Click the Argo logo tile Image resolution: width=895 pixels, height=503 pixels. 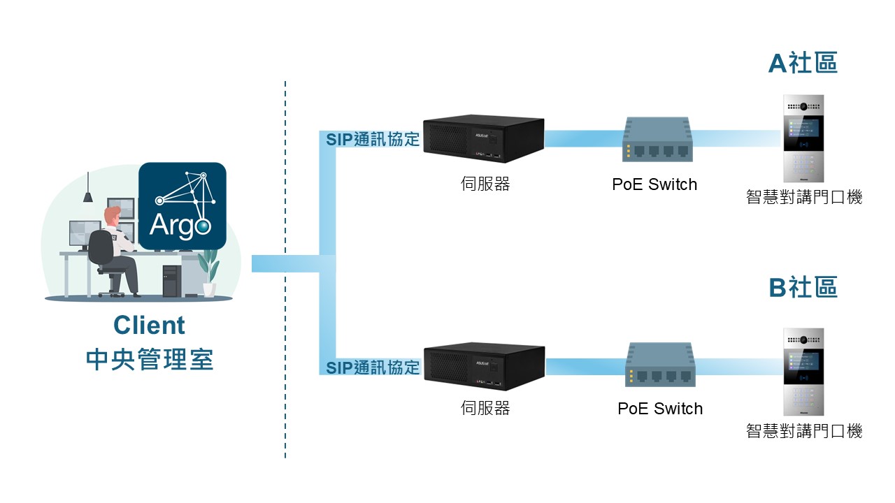tap(182, 206)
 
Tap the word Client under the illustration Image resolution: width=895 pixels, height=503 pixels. tap(149, 326)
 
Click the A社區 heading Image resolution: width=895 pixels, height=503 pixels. tap(803, 63)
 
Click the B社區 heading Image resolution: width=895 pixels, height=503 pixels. tap(803, 287)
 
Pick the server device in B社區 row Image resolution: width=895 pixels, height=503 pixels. tap(485, 365)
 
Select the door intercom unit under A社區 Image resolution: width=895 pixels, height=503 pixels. tap(803, 138)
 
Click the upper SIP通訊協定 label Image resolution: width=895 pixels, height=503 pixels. tap(373, 139)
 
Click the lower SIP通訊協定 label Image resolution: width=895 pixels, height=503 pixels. tap(373, 367)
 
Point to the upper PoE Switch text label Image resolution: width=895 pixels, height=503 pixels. tap(654, 185)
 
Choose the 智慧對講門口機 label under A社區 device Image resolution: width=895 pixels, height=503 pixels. tap(804, 198)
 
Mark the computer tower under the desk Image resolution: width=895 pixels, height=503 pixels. tap(171, 280)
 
